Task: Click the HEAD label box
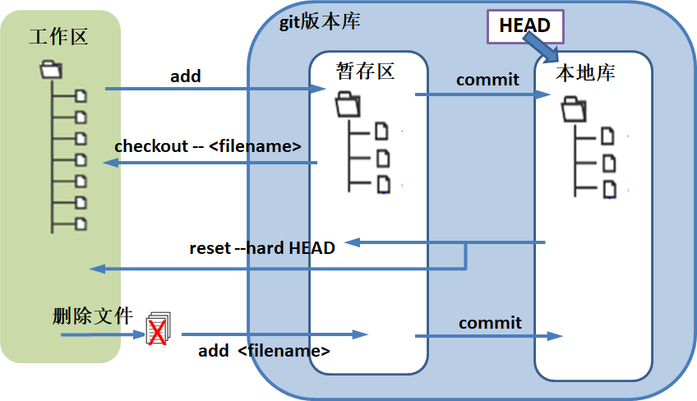(525, 27)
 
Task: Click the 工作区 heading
(58, 37)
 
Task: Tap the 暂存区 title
(366, 71)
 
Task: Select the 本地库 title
(585, 73)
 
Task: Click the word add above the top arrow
(186, 76)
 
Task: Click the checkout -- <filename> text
(208, 146)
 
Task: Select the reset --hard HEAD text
(262, 247)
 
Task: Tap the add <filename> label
(264, 351)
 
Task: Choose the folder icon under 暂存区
(348, 104)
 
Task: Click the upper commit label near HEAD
(487, 80)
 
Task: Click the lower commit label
(490, 323)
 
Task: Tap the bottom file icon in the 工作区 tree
(81, 224)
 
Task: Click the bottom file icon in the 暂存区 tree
(383, 184)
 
